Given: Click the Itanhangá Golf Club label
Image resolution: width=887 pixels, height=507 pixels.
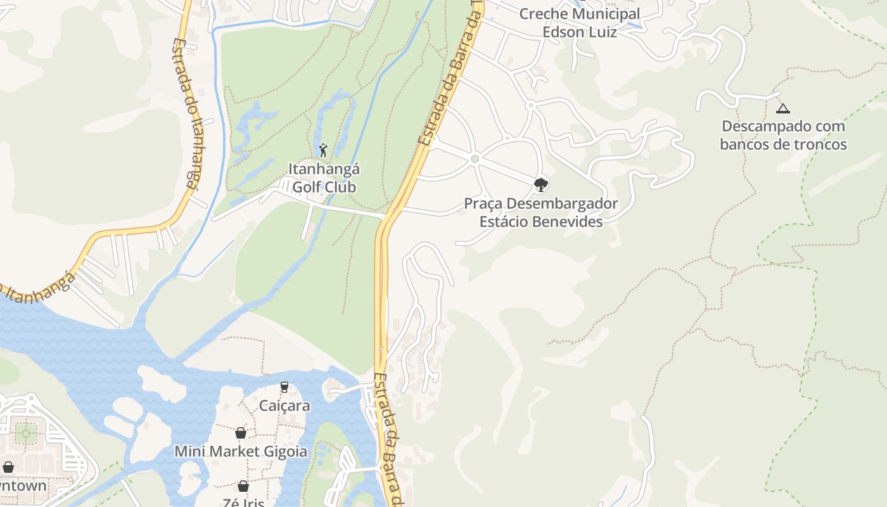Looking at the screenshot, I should (x=324, y=178).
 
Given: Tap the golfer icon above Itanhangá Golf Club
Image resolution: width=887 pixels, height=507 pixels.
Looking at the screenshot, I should (x=323, y=150).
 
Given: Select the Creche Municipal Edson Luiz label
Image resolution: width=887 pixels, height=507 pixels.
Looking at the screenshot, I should (x=579, y=22).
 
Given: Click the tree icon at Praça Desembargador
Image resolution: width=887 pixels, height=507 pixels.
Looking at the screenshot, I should (x=540, y=185).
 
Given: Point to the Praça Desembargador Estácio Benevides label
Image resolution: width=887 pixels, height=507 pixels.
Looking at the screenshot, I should (x=540, y=212).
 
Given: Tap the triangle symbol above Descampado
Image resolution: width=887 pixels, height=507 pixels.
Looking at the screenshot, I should (x=783, y=108).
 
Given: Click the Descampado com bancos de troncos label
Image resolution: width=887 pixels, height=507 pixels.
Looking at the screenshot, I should (x=783, y=135).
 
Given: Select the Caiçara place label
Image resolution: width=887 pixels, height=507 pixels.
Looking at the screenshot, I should (x=284, y=406).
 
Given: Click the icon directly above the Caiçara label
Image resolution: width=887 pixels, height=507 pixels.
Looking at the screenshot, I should (x=284, y=387).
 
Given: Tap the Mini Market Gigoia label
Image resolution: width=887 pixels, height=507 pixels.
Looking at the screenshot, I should (x=241, y=451).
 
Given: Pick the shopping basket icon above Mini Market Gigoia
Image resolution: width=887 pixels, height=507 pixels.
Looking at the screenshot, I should (x=241, y=433).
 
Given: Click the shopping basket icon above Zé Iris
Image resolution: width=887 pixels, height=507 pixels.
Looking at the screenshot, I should (x=243, y=486).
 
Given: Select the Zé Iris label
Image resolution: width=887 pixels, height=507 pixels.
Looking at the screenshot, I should (x=243, y=503).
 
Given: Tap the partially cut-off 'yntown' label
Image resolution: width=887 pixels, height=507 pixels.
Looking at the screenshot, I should (x=23, y=486).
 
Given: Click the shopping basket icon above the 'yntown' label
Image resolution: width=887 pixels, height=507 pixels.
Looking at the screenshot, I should (x=8, y=467).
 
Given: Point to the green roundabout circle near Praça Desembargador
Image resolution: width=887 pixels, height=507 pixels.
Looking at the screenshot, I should (x=475, y=158).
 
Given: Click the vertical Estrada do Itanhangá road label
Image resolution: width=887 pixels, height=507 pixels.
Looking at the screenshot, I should (x=185, y=114).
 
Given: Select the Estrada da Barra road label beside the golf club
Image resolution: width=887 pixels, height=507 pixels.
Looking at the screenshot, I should (x=450, y=76).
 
